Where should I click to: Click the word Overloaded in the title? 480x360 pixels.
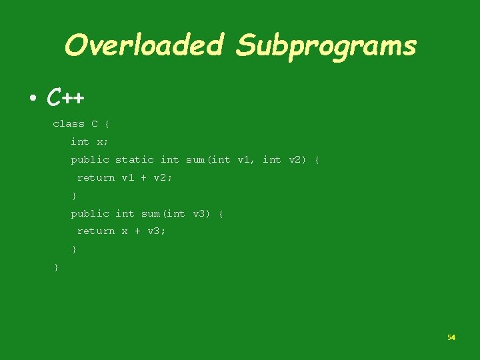pyautogui.click(x=143, y=45)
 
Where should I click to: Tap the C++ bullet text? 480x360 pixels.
pyautogui.click(x=65, y=99)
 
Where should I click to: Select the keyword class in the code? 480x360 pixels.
pyautogui.click(x=69, y=124)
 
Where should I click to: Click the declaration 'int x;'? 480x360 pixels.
pyautogui.click(x=89, y=141)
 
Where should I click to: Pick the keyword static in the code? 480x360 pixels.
pyautogui.click(x=134, y=159)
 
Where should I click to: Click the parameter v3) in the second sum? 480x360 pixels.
pyautogui.click(x=201, y=213)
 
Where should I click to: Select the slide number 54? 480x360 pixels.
pyautogui.click(x=451, y=337)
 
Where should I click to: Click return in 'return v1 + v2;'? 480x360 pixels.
pyautogui.click(x=96, y=177)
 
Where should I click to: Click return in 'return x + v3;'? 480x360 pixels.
pyautogui.click(x=96, y=231)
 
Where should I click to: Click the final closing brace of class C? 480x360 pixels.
pyautogui.click(x=56, y=267)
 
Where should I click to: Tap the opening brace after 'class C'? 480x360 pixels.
pyautogui.click(x=107, y=124)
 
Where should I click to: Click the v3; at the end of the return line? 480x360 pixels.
pyautogui.click(x=157, y=231)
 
